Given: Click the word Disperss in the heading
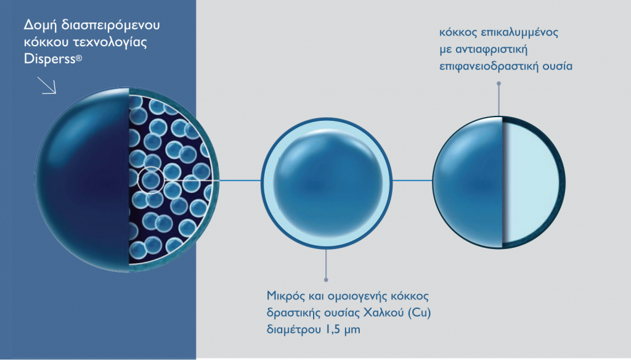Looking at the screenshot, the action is [x=50, y=59].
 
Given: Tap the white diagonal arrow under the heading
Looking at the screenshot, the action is [x=47, y=85].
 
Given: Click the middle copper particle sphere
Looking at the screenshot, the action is [x=327, y=184].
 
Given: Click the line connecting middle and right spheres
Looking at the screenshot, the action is [x=412, y=181].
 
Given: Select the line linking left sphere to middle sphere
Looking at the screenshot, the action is [x=240, y=181].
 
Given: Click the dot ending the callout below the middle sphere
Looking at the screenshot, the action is [x=326, y=279].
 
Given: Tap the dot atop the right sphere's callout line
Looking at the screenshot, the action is [x=499, y=84].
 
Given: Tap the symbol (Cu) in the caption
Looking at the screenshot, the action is [x=419, y=313].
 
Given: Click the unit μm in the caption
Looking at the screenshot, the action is [x=352, y=330].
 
